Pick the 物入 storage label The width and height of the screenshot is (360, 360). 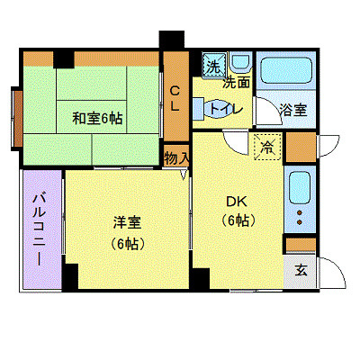click(176, 157)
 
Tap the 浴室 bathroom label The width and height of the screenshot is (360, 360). click(292, 111)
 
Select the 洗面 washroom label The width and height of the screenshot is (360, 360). click(237, 82)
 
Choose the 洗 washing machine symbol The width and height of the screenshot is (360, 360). click(213, 65)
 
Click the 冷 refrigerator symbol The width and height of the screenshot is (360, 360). click(267, 146)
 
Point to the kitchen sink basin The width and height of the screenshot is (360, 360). click(300, 188)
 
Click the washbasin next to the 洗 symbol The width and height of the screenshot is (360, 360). click(239, 63)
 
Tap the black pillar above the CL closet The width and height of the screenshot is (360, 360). click(171, 41)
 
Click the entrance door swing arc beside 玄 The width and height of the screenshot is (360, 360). click(328, 268)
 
